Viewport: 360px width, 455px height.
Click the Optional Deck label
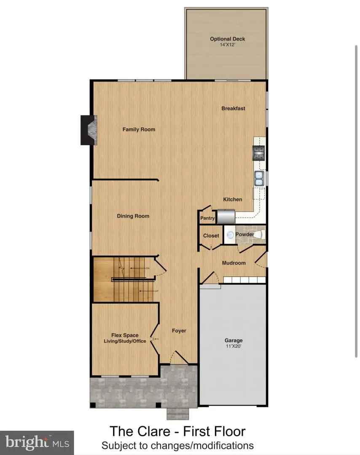point(228,39)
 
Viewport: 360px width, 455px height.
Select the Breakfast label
point(234,108)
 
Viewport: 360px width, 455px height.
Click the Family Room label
point(139,129)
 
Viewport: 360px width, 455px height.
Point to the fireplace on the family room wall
point(88,131)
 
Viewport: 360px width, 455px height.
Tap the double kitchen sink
point(259,178)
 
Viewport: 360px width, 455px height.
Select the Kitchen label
point(233,199)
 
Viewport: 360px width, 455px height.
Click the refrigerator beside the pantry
point(226,217)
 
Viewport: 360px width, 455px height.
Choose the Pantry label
point(207,218)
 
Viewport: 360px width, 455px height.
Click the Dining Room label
point(133,216)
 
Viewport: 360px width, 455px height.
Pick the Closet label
point(211,236)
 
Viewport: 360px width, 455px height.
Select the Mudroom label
point(234,263)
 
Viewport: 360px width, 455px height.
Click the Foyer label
point(179,331)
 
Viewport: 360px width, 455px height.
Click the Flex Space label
point(125,335)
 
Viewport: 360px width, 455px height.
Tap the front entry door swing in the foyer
point(180,358)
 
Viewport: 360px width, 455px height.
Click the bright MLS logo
point(37,442)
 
